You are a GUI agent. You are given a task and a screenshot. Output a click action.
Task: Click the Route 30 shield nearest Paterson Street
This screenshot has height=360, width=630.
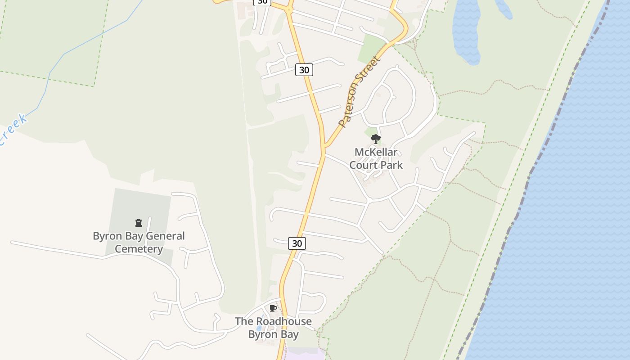304,70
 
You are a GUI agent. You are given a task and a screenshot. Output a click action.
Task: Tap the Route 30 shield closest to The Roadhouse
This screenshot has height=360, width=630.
297,243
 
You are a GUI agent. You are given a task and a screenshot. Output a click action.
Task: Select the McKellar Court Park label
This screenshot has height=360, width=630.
376,158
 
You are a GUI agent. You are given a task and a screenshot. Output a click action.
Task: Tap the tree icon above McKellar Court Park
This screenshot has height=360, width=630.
376,139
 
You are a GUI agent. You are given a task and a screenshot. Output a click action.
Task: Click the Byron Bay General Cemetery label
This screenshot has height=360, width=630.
139,242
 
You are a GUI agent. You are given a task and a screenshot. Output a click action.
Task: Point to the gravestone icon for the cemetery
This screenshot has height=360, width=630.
139,222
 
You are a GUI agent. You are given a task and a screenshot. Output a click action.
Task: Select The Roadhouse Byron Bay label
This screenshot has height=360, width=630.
273,328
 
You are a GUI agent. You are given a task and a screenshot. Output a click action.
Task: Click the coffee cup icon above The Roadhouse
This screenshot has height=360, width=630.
273,308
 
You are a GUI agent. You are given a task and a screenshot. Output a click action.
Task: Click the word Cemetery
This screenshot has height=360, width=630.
139,249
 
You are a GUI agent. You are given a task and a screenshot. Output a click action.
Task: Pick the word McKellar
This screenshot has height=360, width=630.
376,152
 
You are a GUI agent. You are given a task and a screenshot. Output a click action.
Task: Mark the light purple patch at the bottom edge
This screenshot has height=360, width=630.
306,354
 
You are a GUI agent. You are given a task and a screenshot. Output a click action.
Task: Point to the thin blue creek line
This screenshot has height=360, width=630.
49,76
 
